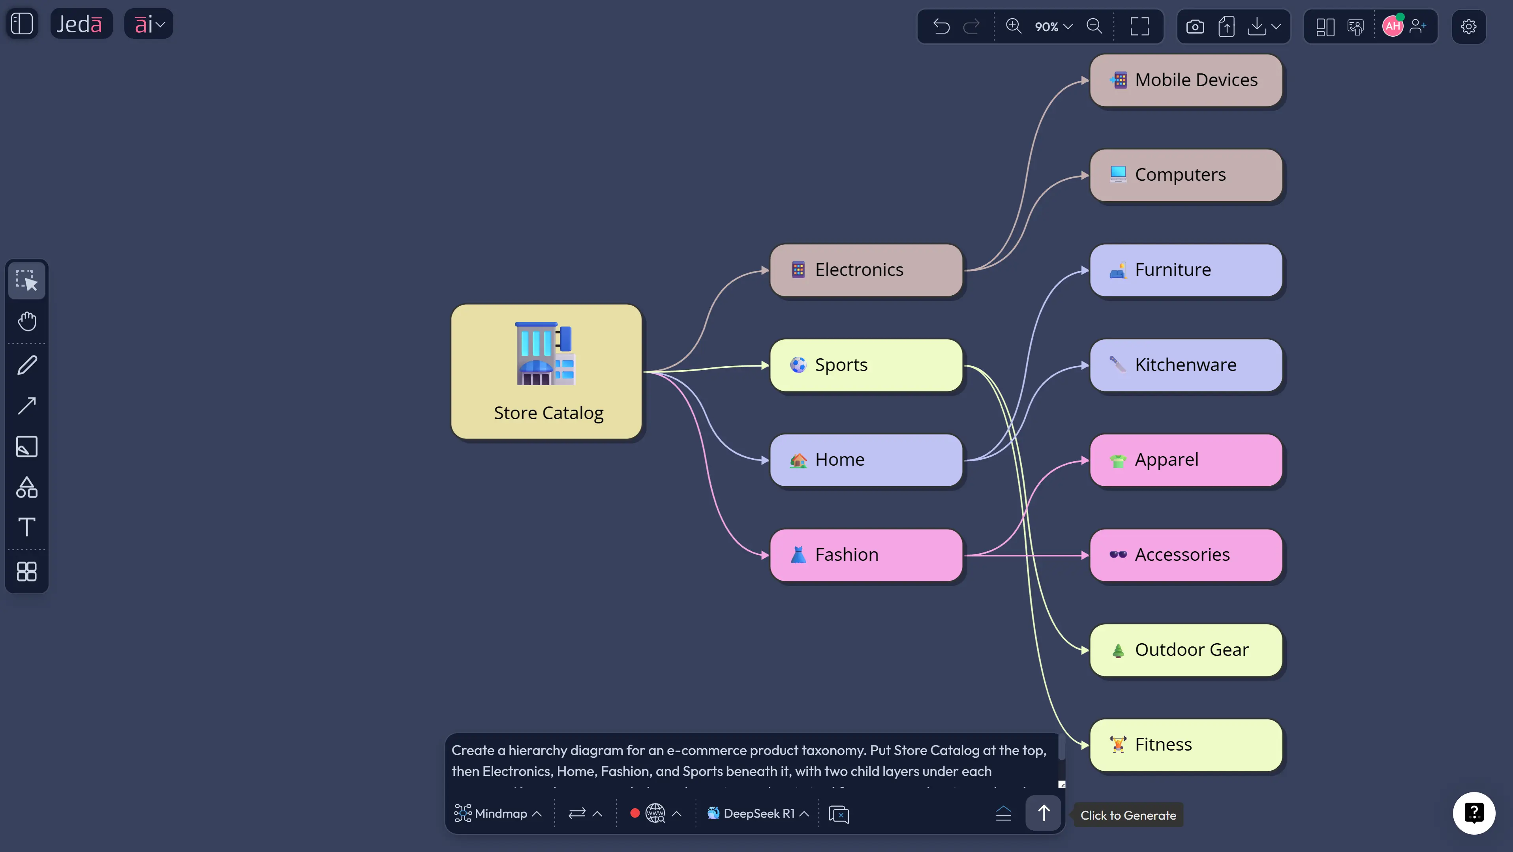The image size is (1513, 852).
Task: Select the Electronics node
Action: pyautogui.click(x=866, y=270)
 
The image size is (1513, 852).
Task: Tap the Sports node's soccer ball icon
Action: pyautogui.click(x=798, y=365)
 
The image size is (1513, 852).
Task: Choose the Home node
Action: pyautogui.click(x=866, y=460)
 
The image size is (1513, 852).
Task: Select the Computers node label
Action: pyautogui.click(x=1180, y=174)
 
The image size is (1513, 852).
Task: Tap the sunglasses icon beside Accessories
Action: pyautogui.click(x=1118, y=554)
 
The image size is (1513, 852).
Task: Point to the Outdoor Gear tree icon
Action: pyautogui.click(x=1118, y=650)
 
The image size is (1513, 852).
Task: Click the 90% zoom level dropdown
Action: pyautogui.click(x=1053, y=26)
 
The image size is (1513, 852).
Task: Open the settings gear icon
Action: pyautogui.click(x=1468, y=26)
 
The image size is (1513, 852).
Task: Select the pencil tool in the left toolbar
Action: pyautogui.click(x=27, y=365)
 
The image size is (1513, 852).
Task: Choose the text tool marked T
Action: pyautogui.click(x=27, y=527)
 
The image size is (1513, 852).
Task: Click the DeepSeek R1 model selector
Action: pyautogui.click(x=758, y=813)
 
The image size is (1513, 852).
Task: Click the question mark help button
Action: pyautogui.click(x=1474, y=813)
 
